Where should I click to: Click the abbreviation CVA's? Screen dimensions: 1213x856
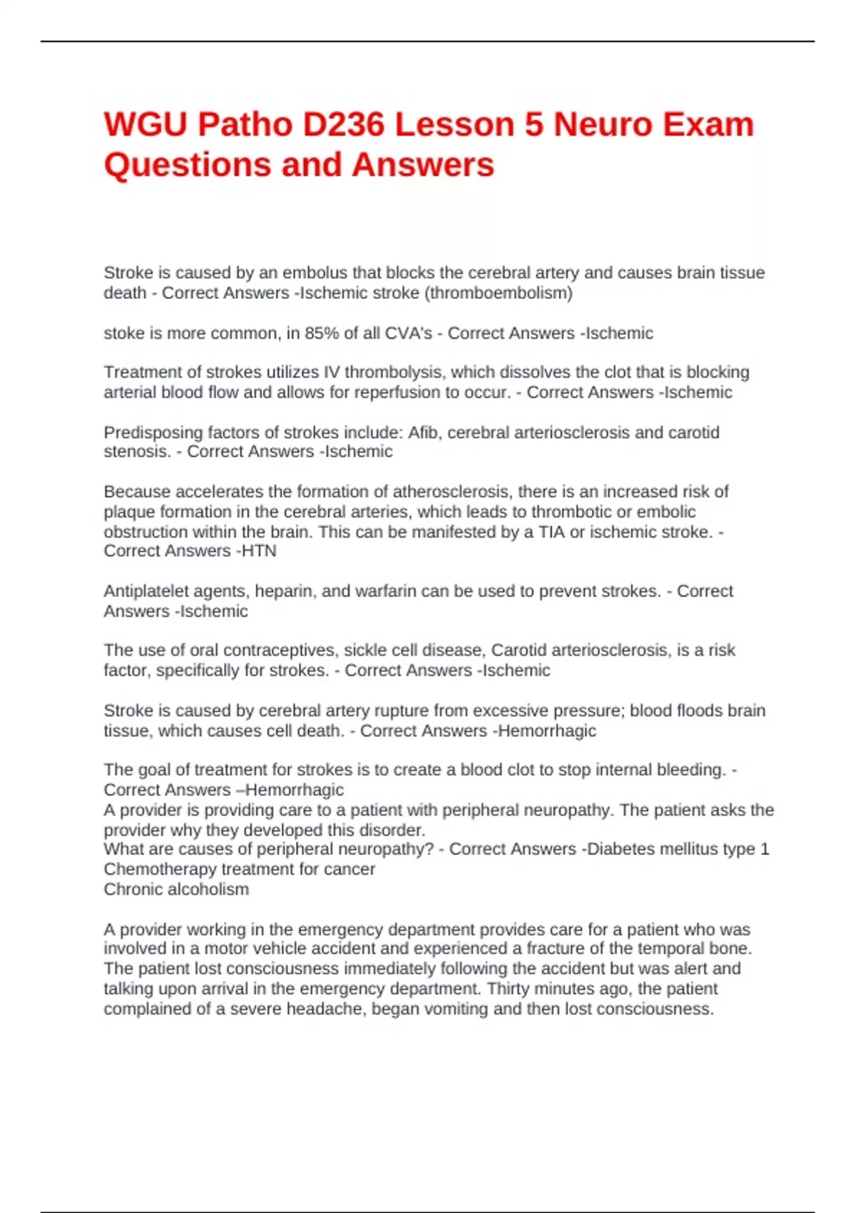[409, 333]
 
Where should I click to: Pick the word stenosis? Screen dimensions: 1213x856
[135, 452]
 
